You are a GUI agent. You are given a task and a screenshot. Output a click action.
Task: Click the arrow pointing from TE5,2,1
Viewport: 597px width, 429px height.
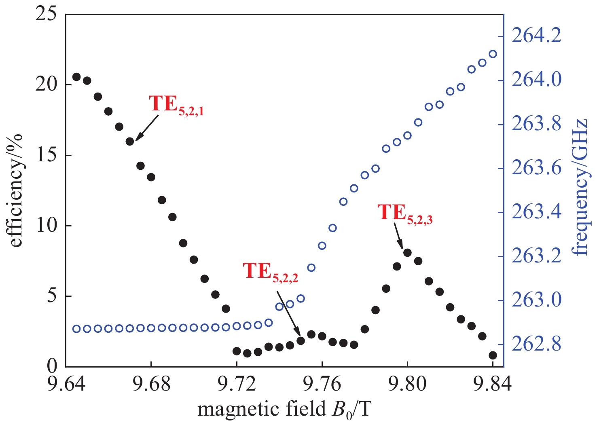click(x=147, y=127)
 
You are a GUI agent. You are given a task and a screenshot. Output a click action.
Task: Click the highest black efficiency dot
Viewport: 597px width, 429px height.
click(x=76, y=77)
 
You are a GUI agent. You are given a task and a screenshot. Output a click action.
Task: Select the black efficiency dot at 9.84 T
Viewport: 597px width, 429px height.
click(x=493, y=355)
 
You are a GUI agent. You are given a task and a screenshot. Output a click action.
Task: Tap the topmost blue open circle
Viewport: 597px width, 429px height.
click(x=493, y=54)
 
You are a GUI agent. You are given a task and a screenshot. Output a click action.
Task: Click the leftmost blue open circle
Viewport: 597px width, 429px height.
click(x=76, y=329)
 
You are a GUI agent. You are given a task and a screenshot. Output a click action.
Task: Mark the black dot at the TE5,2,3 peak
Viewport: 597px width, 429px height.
click(x=407, y=253)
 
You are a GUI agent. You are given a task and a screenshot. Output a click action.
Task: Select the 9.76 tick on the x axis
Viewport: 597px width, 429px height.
click(x=322, y=384)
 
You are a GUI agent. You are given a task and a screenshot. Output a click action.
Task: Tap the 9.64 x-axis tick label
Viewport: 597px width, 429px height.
click(x=66, y=384)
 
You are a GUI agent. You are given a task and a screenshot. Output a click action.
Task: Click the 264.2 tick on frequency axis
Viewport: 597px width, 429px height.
click(x=536, y=36)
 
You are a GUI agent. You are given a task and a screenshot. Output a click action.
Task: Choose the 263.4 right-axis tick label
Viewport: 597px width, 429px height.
click(x=536, y=212)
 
